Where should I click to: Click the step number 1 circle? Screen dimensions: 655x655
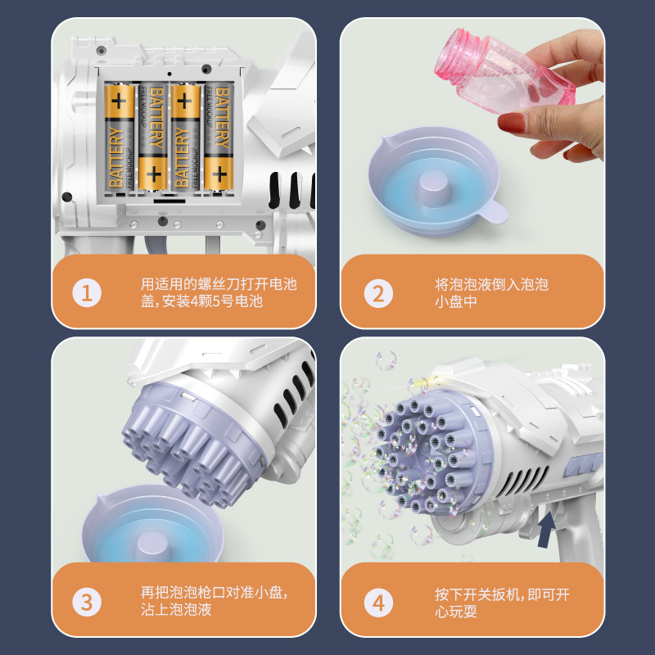(88, 292)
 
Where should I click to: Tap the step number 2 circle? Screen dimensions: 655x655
(377, 292)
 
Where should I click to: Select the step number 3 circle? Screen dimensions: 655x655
(88, 603)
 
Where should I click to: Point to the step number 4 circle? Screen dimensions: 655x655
(377, 603)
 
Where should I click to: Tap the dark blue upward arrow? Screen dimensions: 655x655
(544, 526)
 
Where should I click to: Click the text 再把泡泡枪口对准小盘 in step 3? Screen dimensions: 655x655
(215, 592)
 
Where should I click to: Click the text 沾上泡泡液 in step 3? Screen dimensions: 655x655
(176, 611)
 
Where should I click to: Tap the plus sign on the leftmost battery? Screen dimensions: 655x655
(120, 102)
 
